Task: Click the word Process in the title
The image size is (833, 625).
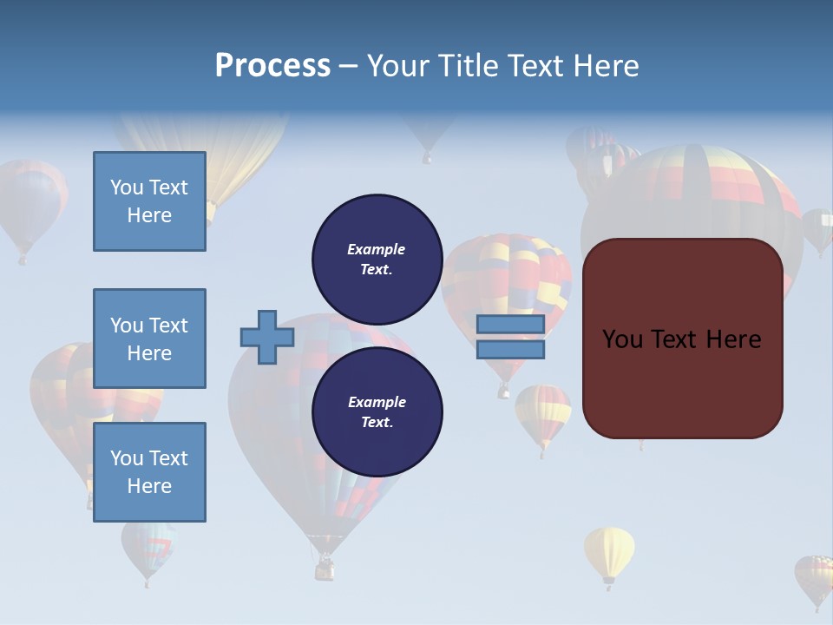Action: (272, 66)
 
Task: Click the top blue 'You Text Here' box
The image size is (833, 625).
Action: (149, 201)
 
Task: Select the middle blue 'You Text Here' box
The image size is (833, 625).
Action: (149, 339)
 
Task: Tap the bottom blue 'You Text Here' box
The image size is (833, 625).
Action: (149, 472)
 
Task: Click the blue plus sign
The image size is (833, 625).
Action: (267, 337)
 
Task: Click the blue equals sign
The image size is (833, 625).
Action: (510, 337)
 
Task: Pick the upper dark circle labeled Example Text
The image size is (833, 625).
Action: (377, 259)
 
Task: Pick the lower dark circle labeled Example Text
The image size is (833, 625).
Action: (377, 411)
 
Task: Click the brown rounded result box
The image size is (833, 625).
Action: (682, 339)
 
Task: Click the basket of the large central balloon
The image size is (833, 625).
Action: (325, 569)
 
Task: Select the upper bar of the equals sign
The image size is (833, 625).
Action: (510, 325)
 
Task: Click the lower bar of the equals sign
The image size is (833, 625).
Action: (510, 349)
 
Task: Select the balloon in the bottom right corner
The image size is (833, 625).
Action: (815, 577)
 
